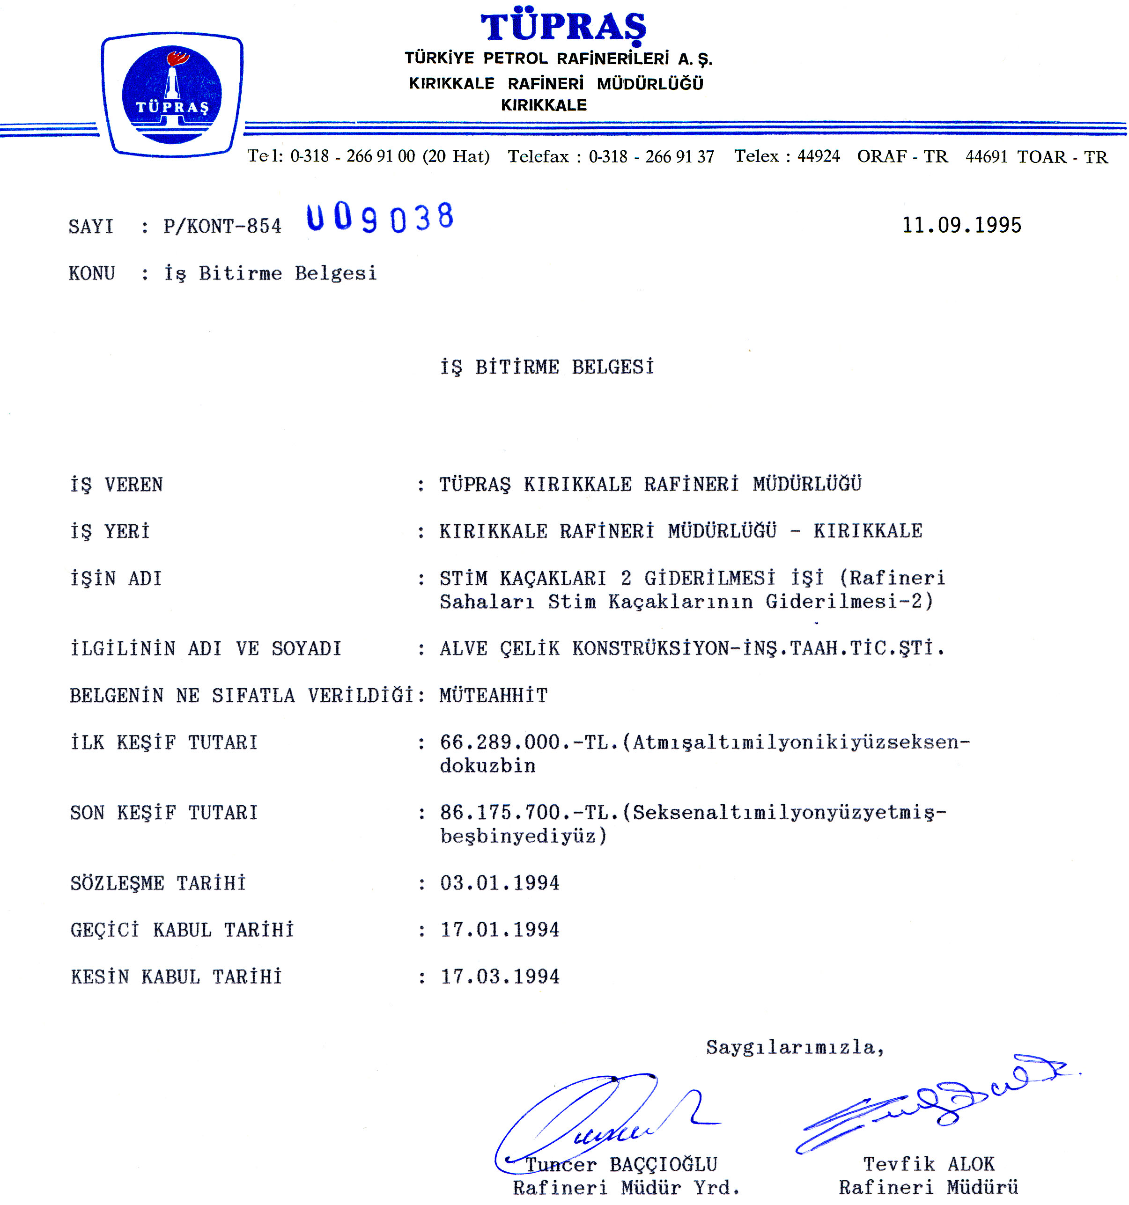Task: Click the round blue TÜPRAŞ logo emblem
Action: tap(171, 95)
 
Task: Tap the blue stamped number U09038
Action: tap(380, 218)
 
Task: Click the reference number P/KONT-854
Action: tap(222, 226)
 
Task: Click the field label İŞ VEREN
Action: tap(117, 485)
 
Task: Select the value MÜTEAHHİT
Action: tap(493, 695)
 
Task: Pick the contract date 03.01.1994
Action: tap(500, 883)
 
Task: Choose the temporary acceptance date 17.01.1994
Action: tap(500, 930)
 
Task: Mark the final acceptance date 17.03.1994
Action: tap(500, 977)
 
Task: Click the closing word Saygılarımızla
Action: tap(794, 1047)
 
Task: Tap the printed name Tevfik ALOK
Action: tap(928, 1164)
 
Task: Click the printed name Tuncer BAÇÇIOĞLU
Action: tap(621, 1164)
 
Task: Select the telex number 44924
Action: tap(818, 156)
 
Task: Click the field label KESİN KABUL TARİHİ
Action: tap(176, 977)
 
